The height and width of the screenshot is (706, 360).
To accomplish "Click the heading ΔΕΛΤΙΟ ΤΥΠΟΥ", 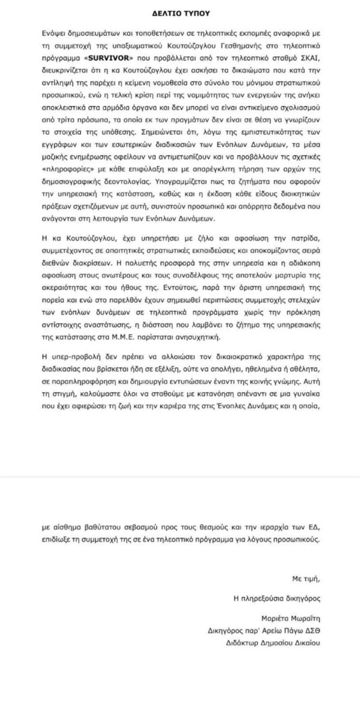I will click(x=180, y=13).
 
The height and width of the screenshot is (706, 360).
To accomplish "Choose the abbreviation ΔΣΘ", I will click(x=312, y=630).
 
